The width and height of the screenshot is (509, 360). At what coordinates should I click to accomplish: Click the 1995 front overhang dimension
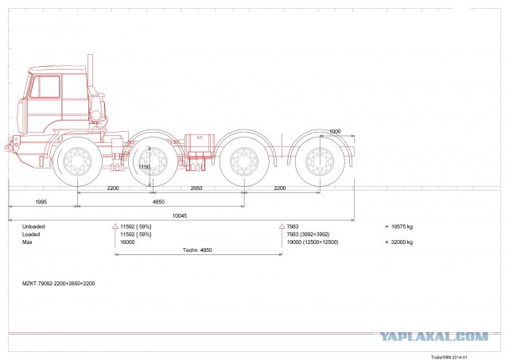pos(41,202)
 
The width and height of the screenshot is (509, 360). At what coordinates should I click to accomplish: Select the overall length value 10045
pos(180,215)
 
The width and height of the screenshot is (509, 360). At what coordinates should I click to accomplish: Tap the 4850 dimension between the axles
pos(158,202)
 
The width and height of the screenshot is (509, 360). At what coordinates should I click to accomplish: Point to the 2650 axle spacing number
pos(196,188)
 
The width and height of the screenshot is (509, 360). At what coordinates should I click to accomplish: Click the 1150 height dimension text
pos(144,167)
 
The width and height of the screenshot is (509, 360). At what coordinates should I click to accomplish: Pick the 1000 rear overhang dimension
pos(335,131)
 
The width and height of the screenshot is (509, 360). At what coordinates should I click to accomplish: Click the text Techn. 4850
pos(197,250)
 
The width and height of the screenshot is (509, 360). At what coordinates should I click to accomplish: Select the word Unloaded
pos(33,226)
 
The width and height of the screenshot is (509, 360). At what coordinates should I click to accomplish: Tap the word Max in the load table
pos(27,242)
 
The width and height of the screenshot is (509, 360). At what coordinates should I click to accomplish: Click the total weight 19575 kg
pos(402,226)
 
